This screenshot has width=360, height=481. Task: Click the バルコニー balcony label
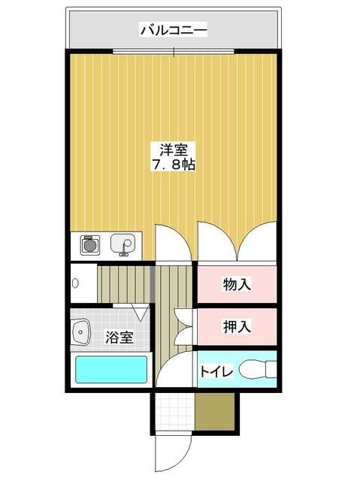(x=174, y=30)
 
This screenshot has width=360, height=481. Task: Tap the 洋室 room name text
(x=174, y=150)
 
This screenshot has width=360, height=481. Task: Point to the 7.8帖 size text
(x=174, y=165)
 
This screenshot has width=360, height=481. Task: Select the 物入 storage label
(x=237, y=284)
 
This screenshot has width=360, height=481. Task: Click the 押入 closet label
(x=237, y=326)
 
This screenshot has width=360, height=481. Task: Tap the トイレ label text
(x=216, y=372)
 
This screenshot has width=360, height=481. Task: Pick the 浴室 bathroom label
(x=119, y=337)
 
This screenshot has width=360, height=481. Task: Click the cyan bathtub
(x=111, y=369)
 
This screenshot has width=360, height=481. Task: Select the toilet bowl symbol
(x=258, y=369)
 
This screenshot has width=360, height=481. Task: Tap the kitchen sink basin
(x=123, y=244)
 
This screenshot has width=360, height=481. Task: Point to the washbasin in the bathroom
(x=80, y=332)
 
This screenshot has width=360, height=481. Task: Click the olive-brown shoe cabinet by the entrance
(x=215, y=412)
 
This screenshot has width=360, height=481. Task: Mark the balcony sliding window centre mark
(x=174, y=52)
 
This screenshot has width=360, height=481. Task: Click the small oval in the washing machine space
(x=75, y=283)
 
